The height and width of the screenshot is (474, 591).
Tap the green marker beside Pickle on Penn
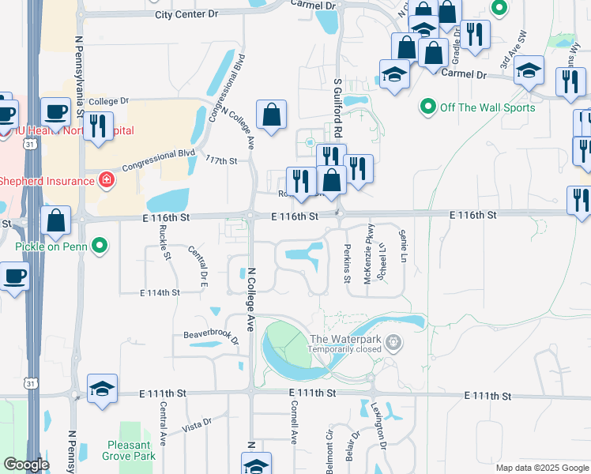[100, 247]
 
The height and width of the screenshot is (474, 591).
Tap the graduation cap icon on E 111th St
[103, 389]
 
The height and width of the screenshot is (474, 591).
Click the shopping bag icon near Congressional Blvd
[271, 115]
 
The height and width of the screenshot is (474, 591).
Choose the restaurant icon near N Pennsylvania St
[98, 127]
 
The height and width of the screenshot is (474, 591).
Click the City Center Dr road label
[186, 15]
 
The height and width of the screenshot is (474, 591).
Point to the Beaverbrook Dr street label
[211, 337]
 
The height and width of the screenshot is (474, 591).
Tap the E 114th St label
[160, 292]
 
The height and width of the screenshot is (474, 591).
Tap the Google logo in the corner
[26, 465]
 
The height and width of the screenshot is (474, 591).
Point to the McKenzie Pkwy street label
[367, 264]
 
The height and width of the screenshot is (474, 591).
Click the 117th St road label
[221, 161]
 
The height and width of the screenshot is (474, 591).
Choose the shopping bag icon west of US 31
[56, 221]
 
